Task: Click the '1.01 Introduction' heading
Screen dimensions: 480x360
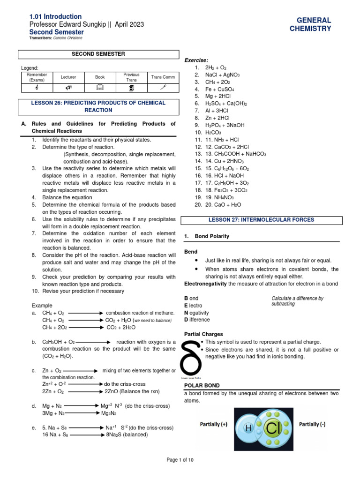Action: pos(55,16)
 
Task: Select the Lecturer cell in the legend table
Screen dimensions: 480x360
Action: pos(68,77)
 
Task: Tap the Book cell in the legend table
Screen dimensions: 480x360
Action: pos(99,77)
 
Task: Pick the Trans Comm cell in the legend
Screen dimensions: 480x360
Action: pos(163,77)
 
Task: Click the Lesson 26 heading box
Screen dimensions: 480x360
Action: pos(98,106)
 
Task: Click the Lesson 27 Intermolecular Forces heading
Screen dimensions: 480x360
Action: pos(262,219)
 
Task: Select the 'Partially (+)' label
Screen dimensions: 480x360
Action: pos(213,424)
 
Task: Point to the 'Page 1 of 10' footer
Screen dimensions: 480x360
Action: pos(180,460)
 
